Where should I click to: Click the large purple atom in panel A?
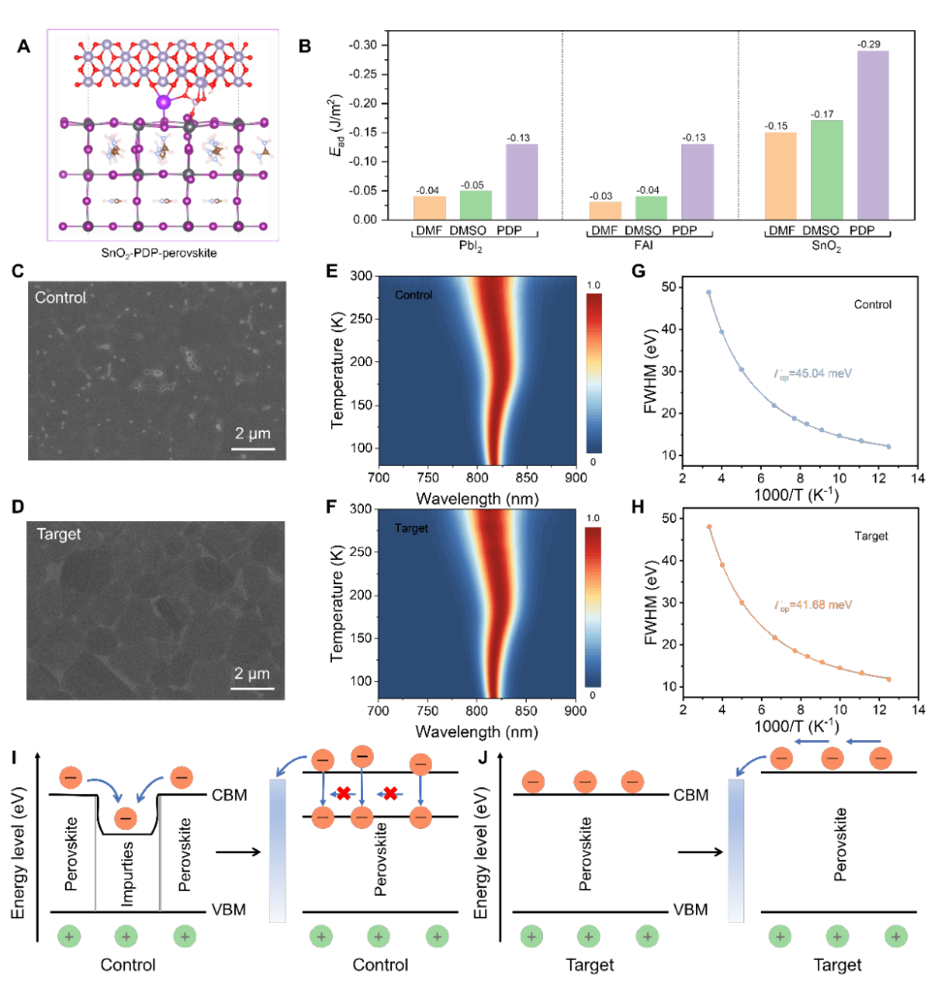click(164, 102)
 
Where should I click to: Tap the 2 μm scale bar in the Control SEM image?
click(254, 448)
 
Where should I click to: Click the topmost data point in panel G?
click(709, 292)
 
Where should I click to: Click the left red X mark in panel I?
click(342, 794)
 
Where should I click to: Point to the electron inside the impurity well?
click(126, 818)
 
